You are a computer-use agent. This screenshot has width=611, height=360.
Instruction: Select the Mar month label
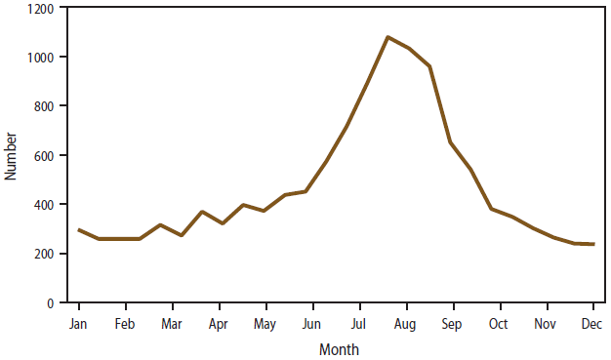point(171,323)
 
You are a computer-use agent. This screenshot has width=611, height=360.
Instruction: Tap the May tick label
point(265,323)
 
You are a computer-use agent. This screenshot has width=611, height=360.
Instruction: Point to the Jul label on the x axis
point(358,323)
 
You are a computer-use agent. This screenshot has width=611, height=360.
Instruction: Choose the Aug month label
point(405,323)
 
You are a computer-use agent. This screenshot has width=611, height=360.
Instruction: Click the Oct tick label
point(499,323)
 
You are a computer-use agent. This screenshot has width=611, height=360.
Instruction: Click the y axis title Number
point(12,156)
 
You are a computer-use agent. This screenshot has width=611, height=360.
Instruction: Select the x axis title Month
point(339,348)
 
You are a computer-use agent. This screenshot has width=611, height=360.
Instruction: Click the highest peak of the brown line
point(387,37)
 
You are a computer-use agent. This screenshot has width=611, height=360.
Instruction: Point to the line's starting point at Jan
point(78,230)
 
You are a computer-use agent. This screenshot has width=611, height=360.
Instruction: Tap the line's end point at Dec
point(592,244)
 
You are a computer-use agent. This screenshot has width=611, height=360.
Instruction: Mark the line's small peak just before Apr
point(202,212)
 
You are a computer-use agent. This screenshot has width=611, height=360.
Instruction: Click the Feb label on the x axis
point(124,323)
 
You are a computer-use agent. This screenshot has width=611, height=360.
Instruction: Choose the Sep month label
point(452,323)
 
